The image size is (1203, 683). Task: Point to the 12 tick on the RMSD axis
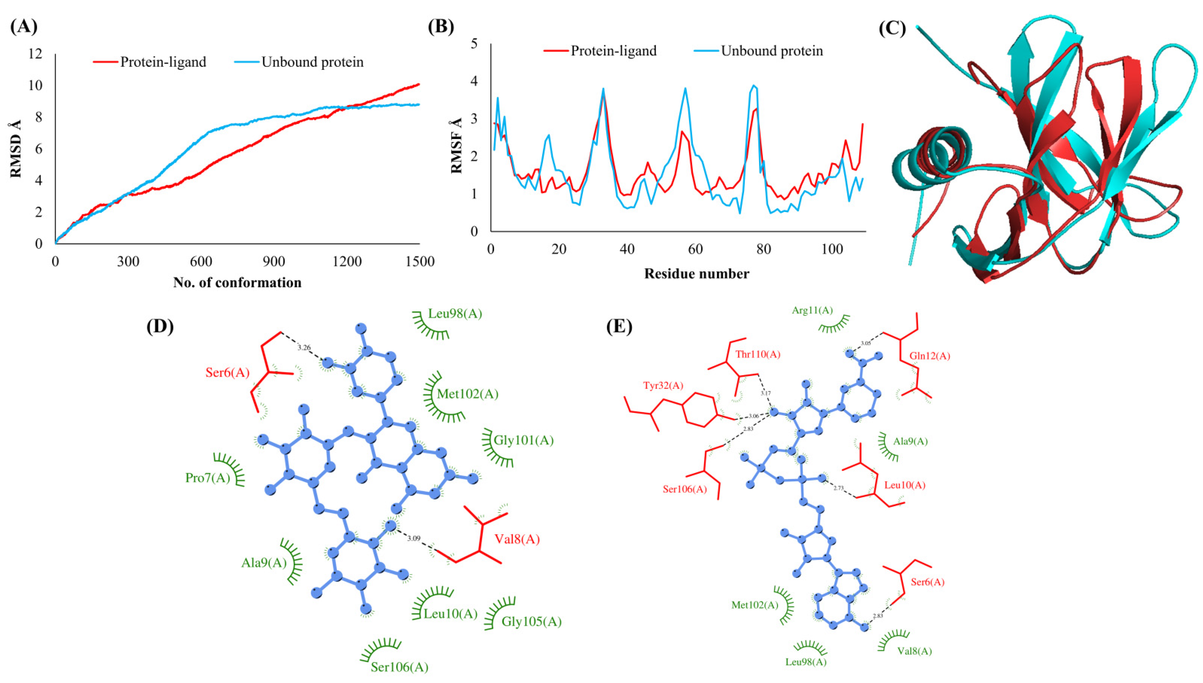(35, 54)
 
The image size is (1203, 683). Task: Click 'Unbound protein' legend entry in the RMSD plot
(312, 62)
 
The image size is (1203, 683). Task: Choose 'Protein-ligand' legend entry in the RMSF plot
(613, 51)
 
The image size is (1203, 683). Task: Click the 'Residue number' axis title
(696, 273)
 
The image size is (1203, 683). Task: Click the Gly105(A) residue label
(531, 621)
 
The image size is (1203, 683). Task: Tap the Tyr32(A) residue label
(663, 386)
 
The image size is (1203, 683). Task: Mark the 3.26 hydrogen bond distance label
(304, 348)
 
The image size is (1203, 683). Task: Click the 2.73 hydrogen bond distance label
(838, 488)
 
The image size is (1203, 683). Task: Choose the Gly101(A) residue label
(524, 440)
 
